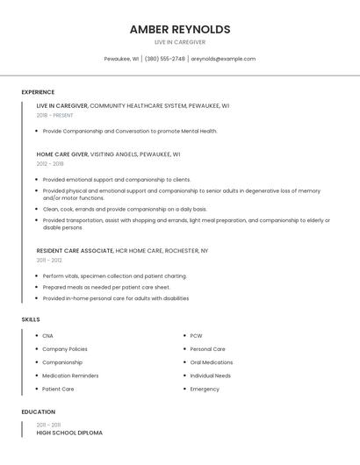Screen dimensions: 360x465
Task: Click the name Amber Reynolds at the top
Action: click(x=180, y=29)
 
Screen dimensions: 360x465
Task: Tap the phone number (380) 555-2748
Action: click(x=165, y=59)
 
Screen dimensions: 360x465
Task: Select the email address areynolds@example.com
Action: click(x=224, y=59)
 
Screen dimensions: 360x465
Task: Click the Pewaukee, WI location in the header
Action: click(x=121, y=59)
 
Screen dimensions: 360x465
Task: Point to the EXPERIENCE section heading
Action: click(x=38, y=92)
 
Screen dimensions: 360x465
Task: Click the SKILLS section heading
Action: click(x=31, y=319)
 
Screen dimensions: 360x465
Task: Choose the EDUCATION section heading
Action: click(x=39, y=411)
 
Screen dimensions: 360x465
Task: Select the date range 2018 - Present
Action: click(x=54, y=115)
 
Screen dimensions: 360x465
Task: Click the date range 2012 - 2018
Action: click(x=50, y=163)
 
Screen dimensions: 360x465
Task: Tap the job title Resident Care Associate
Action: click(x=75, y=251)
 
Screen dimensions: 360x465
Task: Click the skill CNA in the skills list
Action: click(x=47, y=336)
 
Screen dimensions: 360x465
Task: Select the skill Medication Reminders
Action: click(x=70, y=376)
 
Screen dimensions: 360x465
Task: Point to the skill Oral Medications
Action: click(x=212, y=362)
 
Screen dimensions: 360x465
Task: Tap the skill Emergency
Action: click(x=205, y=389)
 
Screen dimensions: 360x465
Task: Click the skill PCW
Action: click(x=196, y=336)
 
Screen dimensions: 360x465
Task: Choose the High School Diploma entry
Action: click(x=69, y=433)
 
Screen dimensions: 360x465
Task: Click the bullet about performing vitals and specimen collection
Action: click(x=114, y=275)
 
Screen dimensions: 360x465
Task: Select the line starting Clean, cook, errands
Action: click(x=125, y=209)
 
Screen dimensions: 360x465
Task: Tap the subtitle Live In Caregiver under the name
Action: click(x=180, y=42)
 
